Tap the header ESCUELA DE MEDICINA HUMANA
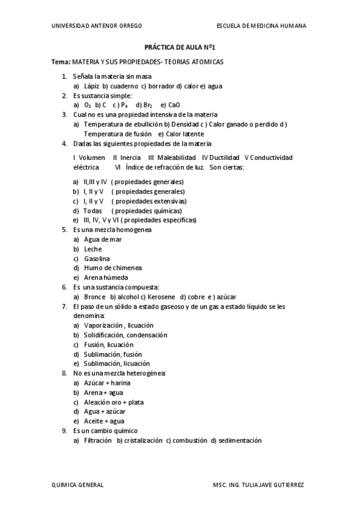(x=261, y=26)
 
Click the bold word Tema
(x=61, y=62)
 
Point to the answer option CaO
(x=174, y=105)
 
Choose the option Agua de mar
(x=103, y=239)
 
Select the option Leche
(x=93, y=249)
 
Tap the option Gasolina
(x=97, y=259)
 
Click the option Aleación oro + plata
(x=114, y=402)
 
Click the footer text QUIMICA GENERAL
(x=78, y=484)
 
